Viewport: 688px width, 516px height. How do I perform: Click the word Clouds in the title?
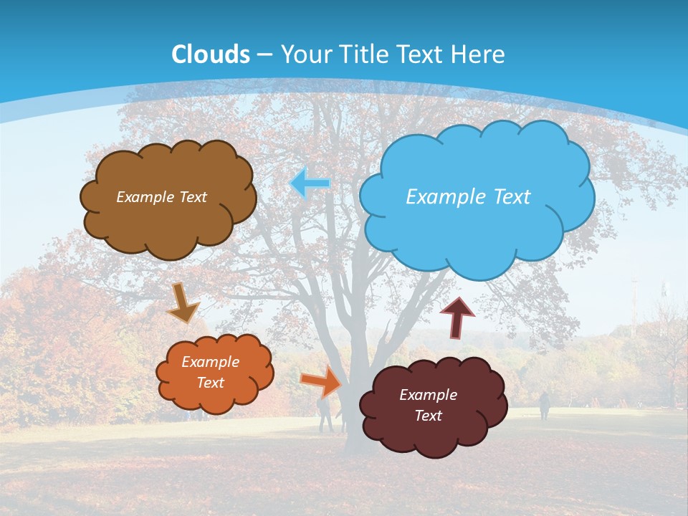(x=211, y=54)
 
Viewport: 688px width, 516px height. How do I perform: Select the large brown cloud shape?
(x=168, y=229)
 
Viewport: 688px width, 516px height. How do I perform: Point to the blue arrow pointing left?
(x=310, y=183)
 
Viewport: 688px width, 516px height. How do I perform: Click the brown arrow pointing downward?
(x=183, y=303)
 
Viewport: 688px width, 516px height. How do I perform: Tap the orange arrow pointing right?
(x=321, y=381)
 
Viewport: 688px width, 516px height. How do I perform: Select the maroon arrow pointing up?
(x=457, y=317)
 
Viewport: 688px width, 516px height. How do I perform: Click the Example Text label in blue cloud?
(x=468, y=197)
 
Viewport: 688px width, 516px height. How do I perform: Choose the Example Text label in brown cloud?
(x=161, y=197)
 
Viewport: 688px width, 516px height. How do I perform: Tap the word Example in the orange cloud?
(x=210, y=362)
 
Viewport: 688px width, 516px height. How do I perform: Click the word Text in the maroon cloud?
(x=428, y=416)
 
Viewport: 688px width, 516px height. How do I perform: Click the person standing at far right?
(x=544, y=406)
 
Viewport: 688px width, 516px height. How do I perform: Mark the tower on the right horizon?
(x=634, y=294)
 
